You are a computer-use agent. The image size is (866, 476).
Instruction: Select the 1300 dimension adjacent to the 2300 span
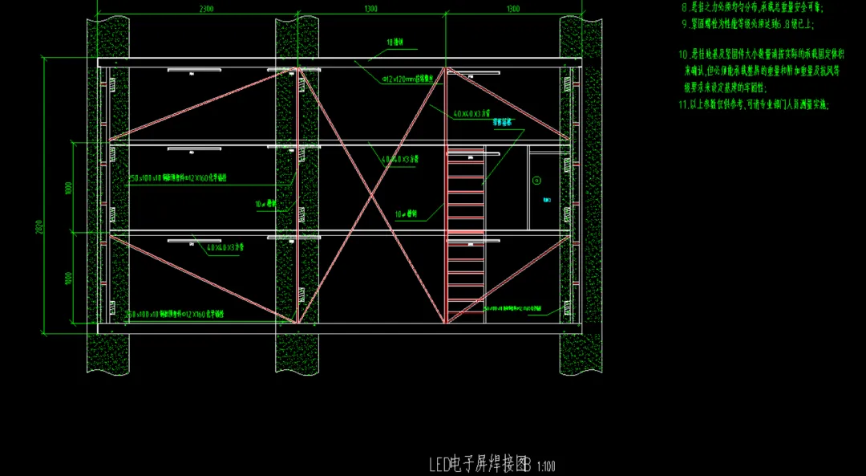coord(370,9)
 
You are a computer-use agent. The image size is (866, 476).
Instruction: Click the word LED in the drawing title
coord(439,464)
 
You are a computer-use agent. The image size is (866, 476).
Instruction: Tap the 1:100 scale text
coord(547,466)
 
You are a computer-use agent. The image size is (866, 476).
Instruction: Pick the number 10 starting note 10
coord(683,55)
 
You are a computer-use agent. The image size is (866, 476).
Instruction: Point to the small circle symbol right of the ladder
coord(537,180)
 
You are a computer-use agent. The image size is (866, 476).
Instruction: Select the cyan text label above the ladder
coord(503,123)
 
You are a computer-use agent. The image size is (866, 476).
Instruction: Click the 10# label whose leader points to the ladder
coord(407,214)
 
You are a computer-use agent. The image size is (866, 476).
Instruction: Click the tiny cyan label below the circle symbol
coord(545,198)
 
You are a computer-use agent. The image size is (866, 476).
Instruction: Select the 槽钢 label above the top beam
coord(395,41)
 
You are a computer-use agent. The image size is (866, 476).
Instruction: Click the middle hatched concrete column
coord(297,353)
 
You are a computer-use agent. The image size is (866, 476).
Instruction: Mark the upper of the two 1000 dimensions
coord(70,189)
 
